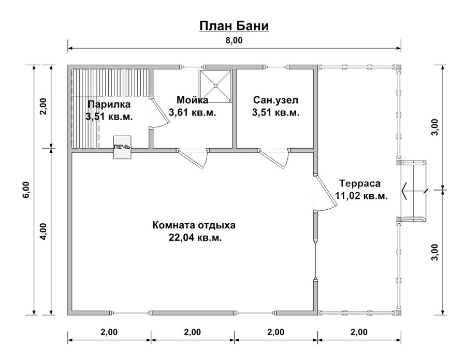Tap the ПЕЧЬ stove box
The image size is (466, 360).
click(x=122, y=148)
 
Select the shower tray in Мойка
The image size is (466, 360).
click(x=216, y=86)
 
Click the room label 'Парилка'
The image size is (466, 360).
click(x=109, y=104)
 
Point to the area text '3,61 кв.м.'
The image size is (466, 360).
click(x=192, y=113)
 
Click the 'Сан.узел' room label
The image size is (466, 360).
click(x=275, y=100)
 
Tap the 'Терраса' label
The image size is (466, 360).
click(x=360, y=183)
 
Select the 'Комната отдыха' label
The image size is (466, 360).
click(x=194, y=225)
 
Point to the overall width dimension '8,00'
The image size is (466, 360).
click(x=234, y=40)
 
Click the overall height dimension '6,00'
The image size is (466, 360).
click(x=26, y=190)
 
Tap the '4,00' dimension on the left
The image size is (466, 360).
click(x=43, y=232)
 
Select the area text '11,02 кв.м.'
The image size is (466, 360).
click(x=361, y=196)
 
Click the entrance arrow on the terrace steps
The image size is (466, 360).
click(x=415, y=191)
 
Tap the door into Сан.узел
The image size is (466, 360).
click(x=274, y=159)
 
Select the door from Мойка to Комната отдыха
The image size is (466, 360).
click(x=192, y=159)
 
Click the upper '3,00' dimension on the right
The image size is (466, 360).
click(x=434, y=127)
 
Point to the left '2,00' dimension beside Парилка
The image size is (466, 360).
click(x=43, y=106)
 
